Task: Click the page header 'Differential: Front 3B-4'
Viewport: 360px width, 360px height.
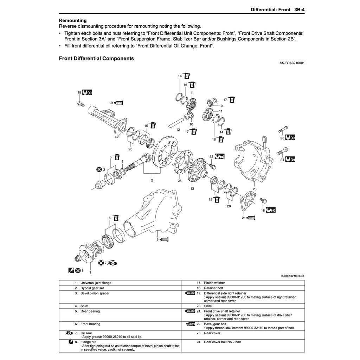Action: [277, 9]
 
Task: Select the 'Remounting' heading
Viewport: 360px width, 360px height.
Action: [73, 20]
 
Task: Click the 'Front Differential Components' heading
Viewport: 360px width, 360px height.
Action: [96, 59]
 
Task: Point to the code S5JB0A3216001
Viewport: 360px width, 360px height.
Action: [292, 63]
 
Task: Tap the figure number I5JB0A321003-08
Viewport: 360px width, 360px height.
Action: [292, 276]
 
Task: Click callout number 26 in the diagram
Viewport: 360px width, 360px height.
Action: [180, 181]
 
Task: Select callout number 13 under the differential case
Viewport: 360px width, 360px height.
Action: [192, 189]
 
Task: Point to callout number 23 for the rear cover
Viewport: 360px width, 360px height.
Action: [254, 189]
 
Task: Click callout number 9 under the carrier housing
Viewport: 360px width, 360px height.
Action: [157, 239]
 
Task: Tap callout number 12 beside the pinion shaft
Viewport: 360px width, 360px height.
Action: [178, 130]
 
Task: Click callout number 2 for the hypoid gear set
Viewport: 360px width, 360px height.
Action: [152, 181]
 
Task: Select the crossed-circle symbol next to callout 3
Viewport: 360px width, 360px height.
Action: [99, 169]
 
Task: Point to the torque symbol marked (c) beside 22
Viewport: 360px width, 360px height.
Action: [219, 156]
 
